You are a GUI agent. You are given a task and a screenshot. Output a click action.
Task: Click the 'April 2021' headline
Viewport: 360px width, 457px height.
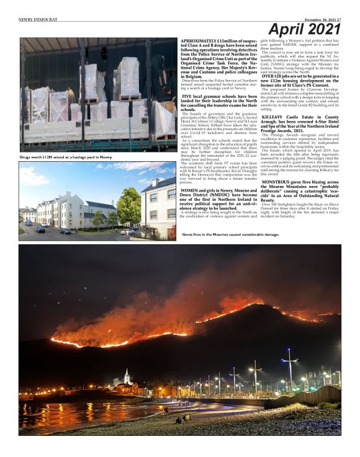click(x=305, y=29)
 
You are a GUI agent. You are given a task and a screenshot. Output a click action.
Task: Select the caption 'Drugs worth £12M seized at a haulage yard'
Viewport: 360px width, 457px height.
click(x=66, y=158)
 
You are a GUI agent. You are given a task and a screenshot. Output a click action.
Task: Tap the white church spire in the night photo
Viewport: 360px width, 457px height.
click(x=127, y=376)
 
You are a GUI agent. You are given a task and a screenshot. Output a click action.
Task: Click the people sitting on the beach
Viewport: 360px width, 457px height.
click(x=182, y=419)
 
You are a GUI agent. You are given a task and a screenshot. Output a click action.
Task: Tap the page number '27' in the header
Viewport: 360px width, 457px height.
click(x=338, y=19)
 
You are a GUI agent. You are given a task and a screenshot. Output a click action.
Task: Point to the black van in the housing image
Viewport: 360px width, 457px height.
click(x=65, y=231)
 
